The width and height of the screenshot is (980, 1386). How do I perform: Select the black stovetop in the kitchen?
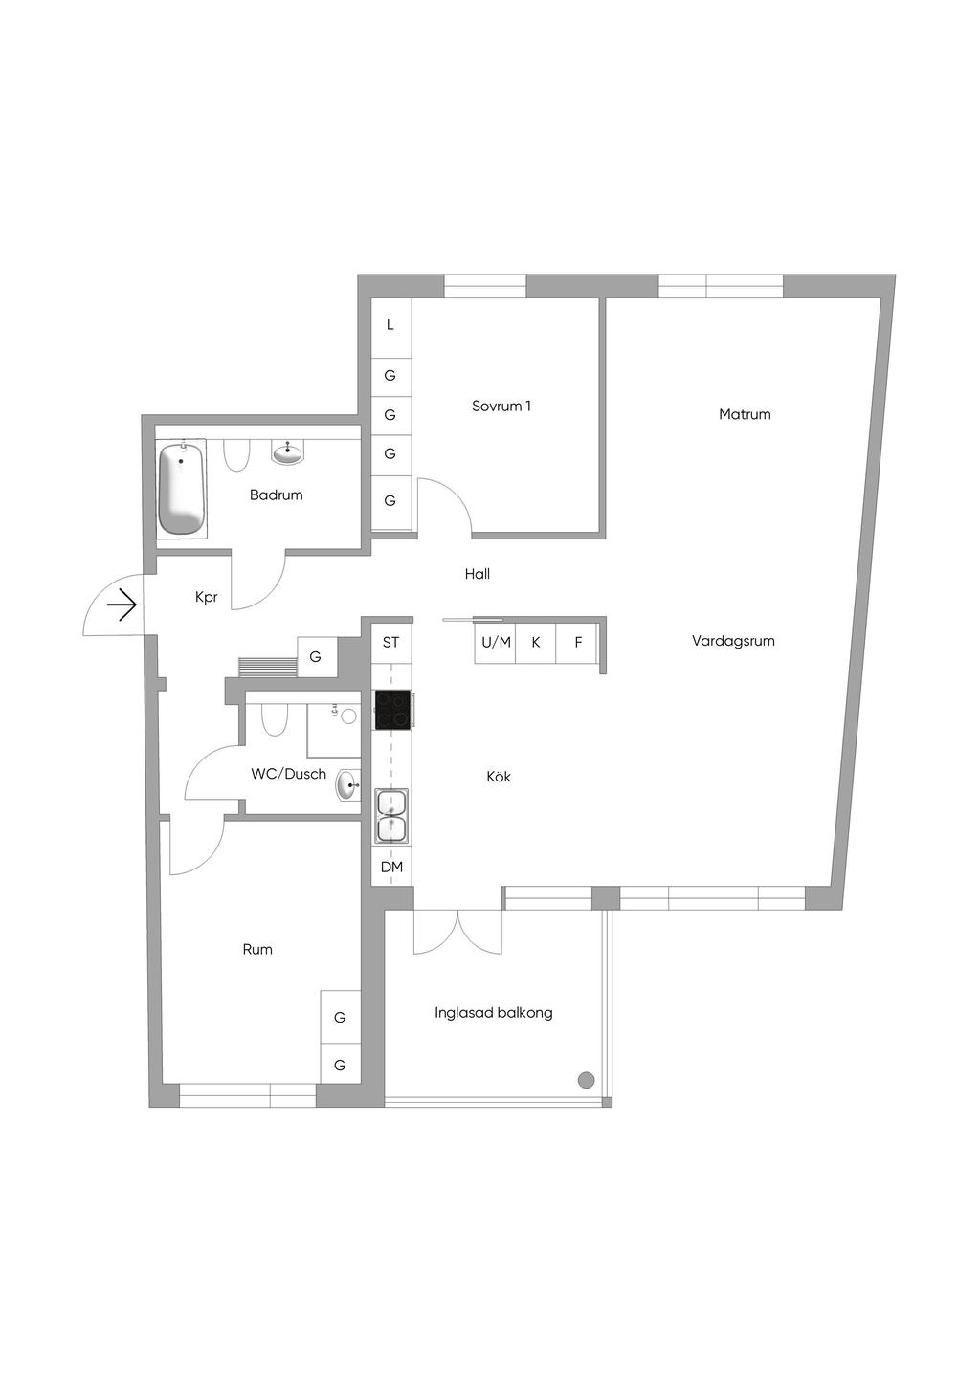click(392, 709)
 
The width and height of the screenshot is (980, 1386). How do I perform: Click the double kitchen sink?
click(391, 816)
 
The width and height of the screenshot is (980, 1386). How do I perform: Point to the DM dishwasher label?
click(391, 867)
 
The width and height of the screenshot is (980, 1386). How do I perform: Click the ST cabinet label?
click(390, 642)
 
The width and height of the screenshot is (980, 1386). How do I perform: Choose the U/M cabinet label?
click(496, 642)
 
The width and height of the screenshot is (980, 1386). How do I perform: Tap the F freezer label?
click(578, 642)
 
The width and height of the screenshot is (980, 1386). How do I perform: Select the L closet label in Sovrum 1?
click(390, 325)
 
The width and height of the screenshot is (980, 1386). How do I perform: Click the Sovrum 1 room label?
click(501, 407)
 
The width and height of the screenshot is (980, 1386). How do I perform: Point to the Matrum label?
click(745, 414)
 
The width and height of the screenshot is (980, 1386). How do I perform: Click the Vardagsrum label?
click(733, 641)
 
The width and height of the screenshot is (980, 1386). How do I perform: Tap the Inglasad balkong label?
click(493, 1013)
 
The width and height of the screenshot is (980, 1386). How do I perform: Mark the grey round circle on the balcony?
click(586, 1080)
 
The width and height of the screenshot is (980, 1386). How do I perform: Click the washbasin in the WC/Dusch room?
click(348, 785)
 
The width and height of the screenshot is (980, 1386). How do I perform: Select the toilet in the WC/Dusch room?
click(275, 717)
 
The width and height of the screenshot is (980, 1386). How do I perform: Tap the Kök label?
click(499, 777)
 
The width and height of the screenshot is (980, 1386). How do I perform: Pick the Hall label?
click(478, 574)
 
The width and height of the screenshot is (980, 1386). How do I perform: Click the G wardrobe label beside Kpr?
click(315, 657)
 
